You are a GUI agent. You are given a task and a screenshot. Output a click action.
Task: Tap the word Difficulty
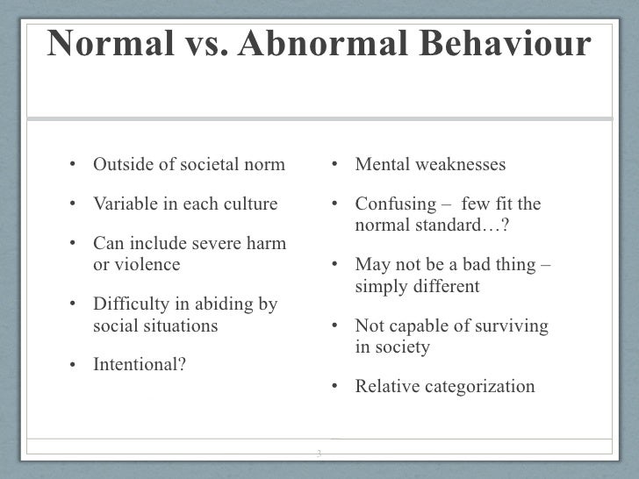(128, 304)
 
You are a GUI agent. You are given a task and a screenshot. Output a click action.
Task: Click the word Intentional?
(140, 364)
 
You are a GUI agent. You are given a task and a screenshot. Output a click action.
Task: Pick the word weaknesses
(457, 165)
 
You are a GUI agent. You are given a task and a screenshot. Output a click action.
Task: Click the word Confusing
(391, 204)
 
